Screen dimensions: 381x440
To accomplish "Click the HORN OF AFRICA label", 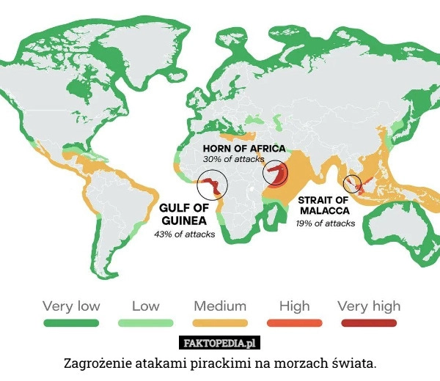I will [x=243, y=148].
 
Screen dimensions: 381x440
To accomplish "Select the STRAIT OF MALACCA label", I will [x=323, y=204].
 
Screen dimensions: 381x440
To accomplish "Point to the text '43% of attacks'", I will [x=184, y=234].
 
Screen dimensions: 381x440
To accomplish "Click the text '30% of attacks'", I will [x=233, y=159].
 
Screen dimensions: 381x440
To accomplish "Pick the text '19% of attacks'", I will [x=325, y=223].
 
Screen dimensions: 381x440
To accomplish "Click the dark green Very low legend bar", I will [x=71, y=323].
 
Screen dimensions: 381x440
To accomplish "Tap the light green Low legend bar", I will [x=145, y=323].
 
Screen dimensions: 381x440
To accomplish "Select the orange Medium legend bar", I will [x=220, y=323].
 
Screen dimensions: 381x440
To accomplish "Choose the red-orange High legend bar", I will [x=294, y=323].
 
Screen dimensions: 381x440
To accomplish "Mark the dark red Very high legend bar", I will [x=369, y=323].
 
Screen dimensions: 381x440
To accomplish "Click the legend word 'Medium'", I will [x=220, y=306].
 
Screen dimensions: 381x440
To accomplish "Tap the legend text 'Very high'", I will [x=369, y=306].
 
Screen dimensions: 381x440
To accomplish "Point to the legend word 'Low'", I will [x=145, y=306].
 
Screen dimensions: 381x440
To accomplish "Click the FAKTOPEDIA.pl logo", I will [x=220, y=343].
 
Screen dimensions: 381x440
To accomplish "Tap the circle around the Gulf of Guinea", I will [x=212, y=183].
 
